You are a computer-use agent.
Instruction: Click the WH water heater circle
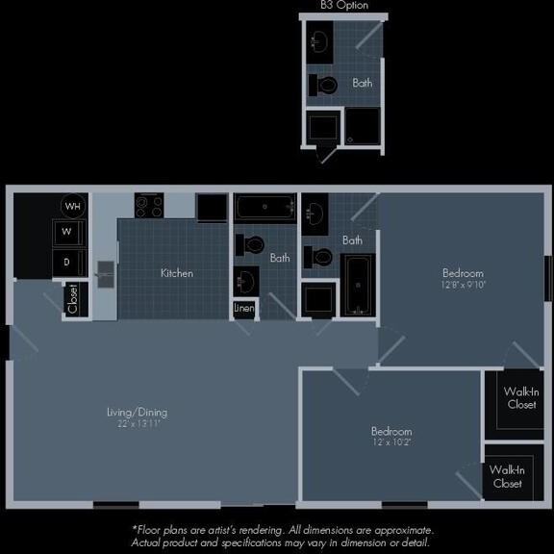[73, 206]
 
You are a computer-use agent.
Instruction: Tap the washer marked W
[67, 232]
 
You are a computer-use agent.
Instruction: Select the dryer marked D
[67, 261]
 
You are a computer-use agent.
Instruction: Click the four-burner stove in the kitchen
[149, 206]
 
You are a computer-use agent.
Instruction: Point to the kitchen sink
[105, 276]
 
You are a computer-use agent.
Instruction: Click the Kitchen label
[177, 273]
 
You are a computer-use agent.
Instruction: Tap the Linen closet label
[244, 309]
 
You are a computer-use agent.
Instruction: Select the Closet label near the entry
[73, 299]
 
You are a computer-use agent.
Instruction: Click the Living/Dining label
[137, 412]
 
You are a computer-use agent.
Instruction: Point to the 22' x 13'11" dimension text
[137, 424]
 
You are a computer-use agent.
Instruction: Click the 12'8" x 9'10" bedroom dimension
[463, 285]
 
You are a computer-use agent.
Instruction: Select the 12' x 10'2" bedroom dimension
[391, 443]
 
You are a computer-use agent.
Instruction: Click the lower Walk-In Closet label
[506, 476]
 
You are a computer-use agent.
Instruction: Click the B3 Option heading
[344, 6]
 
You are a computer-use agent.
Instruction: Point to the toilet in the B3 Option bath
[325, 86]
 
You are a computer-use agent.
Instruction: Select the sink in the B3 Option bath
[320, 41]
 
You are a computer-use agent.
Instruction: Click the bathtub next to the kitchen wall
[265, 207]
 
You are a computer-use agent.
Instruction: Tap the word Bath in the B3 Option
[363, 83]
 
